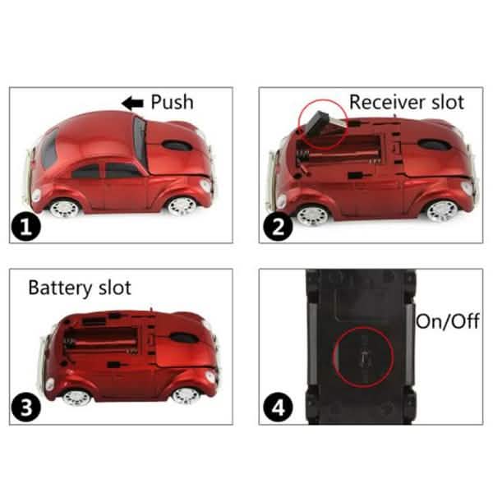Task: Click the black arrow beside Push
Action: [x=132, y=103]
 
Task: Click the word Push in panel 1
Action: [x=172, y=102]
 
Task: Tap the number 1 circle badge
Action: [x=26, y=226]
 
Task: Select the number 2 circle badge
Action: [x=279, y=226]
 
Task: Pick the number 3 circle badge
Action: [x=26, y=407]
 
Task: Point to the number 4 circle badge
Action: [x=279, y=407]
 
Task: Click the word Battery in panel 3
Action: [x=60, y=288]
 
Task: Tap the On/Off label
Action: [x=448, y=321]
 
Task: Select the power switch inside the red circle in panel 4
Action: [x=364, y=357]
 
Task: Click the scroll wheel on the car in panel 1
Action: [x=177, y=145]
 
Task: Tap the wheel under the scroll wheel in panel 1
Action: [x=182, y=206]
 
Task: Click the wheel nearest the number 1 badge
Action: [x=64, y=208]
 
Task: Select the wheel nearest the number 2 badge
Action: [x=312, y=215]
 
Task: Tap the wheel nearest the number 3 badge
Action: [x=76, y=398]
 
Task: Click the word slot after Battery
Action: [x=115, y=288]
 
